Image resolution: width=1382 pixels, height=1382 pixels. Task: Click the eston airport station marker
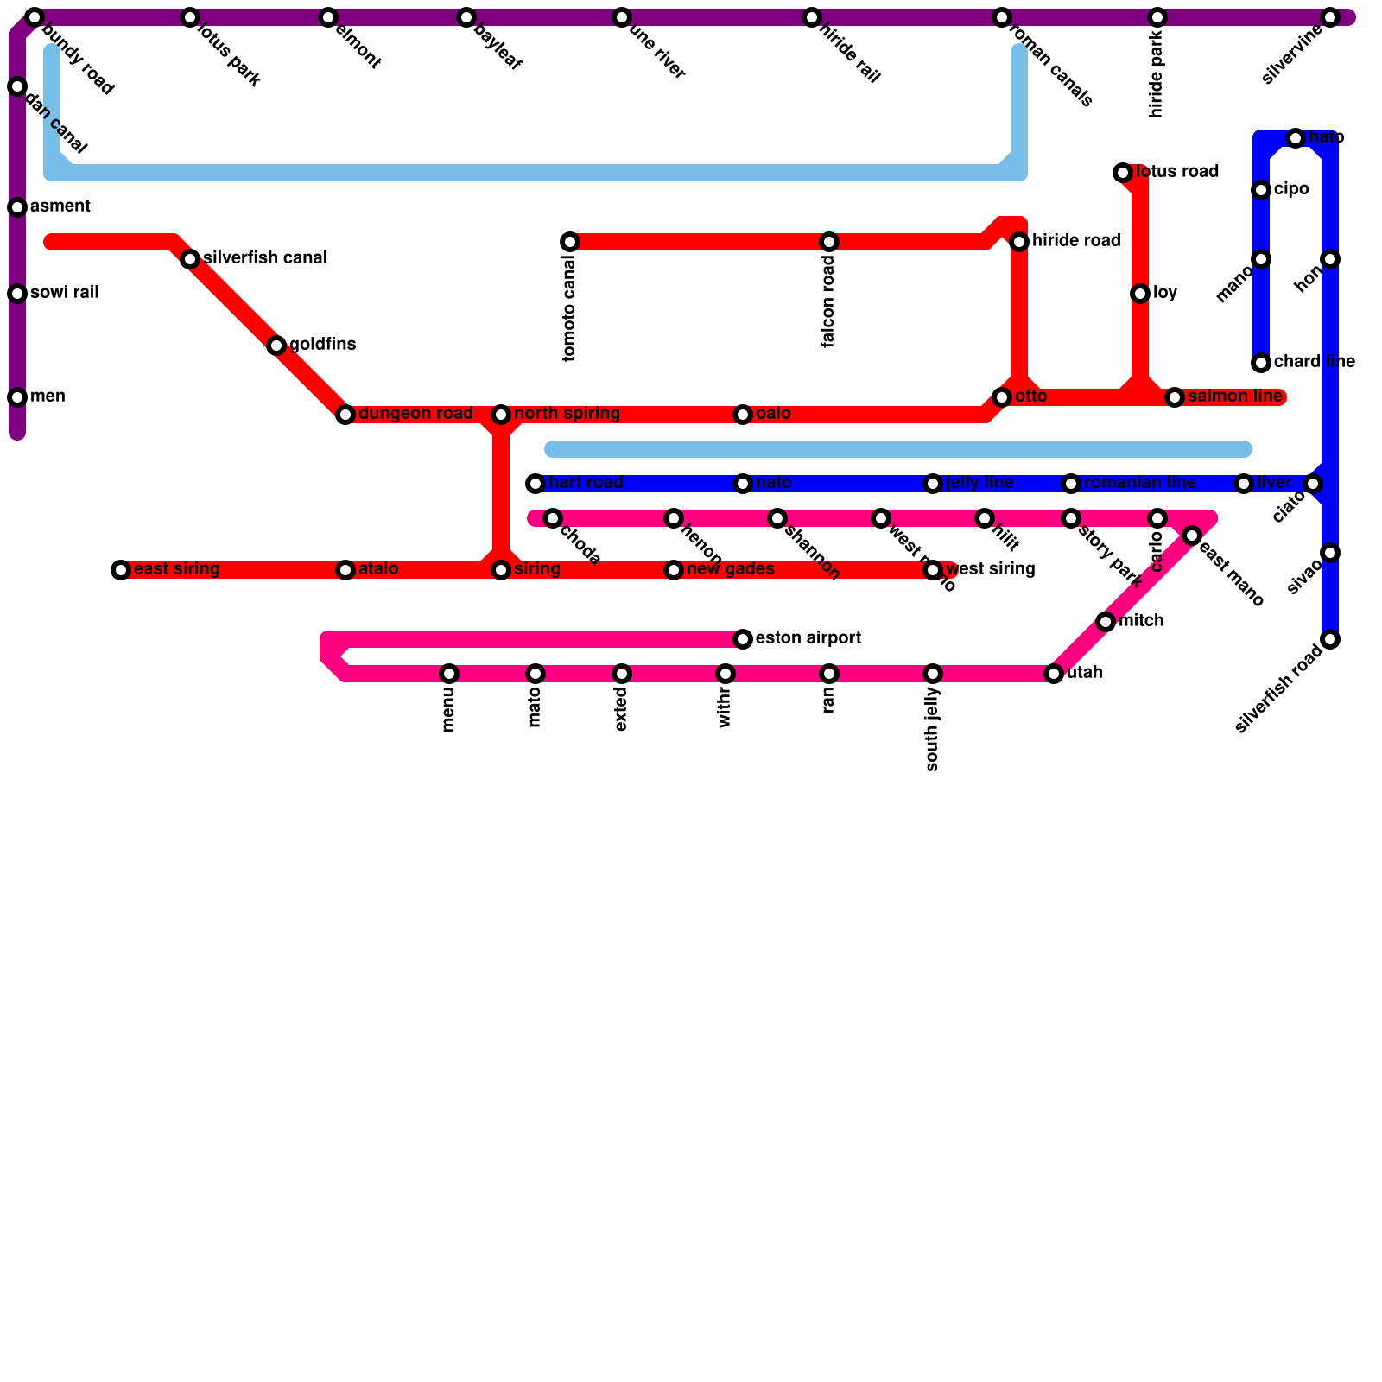tap(743, 639)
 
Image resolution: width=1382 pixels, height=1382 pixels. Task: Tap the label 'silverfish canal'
tap(264, 258)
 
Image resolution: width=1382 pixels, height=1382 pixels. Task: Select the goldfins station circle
tap(276, 345)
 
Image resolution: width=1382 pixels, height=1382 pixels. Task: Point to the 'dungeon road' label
tap(415, 414)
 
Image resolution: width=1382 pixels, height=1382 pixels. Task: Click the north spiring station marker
tap(501, 415)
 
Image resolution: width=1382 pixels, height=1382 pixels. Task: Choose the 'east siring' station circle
tap(121, 570)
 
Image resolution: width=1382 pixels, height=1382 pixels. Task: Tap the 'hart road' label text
tap(586, 483)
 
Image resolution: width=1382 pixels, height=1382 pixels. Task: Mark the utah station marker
tap(1054, 674)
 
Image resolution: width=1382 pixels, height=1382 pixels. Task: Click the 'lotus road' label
tap(1176, 172)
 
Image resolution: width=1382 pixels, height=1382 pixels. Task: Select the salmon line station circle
tap(1175, 397)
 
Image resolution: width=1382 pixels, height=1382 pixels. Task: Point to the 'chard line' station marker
tap(1261, 363)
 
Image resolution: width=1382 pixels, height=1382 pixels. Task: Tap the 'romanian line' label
tap(1139, 483)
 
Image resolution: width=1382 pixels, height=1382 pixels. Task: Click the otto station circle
tap(1002, 397)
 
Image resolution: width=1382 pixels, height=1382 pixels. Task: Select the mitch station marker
tap(1106, 622)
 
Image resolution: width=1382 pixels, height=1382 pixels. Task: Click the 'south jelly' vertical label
tap(932, 729)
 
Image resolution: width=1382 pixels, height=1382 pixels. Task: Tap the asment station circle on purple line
tap(17, 207)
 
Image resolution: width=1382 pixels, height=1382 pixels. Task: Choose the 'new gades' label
tap(730, 569)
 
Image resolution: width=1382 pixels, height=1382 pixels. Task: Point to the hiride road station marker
tap(1019, 242)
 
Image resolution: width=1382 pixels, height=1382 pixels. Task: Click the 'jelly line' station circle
tap(933, 484)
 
